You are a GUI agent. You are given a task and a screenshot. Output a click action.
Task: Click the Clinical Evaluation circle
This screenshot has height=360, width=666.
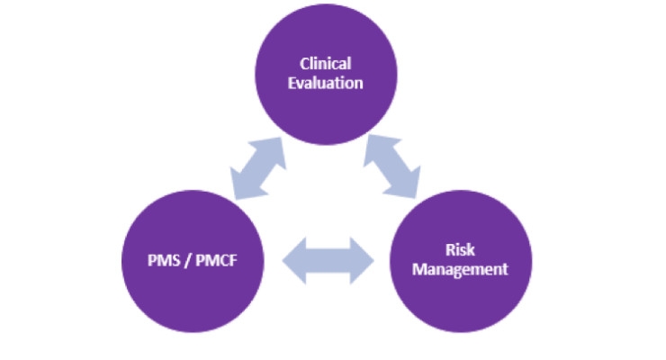(326, 75)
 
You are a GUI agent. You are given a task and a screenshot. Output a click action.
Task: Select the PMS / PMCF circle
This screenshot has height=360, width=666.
(193, 261)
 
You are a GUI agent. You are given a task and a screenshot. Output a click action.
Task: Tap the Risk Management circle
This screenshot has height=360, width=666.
(461, 261)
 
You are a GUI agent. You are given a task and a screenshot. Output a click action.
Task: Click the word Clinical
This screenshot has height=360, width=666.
(326, 64)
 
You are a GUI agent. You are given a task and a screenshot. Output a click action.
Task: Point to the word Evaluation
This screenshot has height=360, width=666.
(326, 83)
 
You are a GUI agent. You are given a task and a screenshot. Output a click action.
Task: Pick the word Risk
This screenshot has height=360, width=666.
(460, 249)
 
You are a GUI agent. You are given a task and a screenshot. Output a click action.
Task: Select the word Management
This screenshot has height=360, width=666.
(460, 269)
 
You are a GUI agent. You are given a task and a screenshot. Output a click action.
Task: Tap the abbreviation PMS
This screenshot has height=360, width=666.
(164, 260)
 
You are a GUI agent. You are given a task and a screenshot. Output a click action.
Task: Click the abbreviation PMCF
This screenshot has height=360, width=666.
(216, 260)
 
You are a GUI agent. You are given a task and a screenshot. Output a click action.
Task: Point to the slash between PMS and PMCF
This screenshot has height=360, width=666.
(188, 261)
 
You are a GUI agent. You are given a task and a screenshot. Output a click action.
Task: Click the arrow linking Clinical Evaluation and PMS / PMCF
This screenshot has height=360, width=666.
(257, 168)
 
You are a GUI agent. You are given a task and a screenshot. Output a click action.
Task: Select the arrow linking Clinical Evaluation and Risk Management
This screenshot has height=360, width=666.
(392, 166)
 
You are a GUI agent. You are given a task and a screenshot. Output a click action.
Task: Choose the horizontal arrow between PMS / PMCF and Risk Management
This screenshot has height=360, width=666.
(328, 261)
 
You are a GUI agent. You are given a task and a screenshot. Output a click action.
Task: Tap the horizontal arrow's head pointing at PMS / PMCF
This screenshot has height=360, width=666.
(294, 261)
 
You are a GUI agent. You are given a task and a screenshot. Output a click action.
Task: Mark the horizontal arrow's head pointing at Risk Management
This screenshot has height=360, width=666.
(363, 261)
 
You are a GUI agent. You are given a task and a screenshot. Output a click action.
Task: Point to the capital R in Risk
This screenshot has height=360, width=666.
(450, 249)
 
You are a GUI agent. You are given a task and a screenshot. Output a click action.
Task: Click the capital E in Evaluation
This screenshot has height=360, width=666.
(292, 83)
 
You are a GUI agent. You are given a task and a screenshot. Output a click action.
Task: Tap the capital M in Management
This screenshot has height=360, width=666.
(419, 269)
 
